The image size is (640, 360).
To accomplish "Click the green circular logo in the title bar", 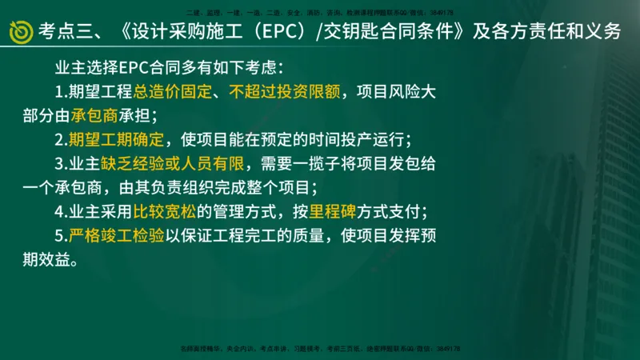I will tap(20, 31).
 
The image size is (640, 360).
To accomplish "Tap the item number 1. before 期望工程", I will tap(61, 91).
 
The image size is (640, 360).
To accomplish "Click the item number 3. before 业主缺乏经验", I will tap(61, 165).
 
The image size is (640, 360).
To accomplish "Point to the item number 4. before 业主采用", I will tap(61, 213).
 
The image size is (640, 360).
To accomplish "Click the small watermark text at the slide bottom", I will tap(320, 350).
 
